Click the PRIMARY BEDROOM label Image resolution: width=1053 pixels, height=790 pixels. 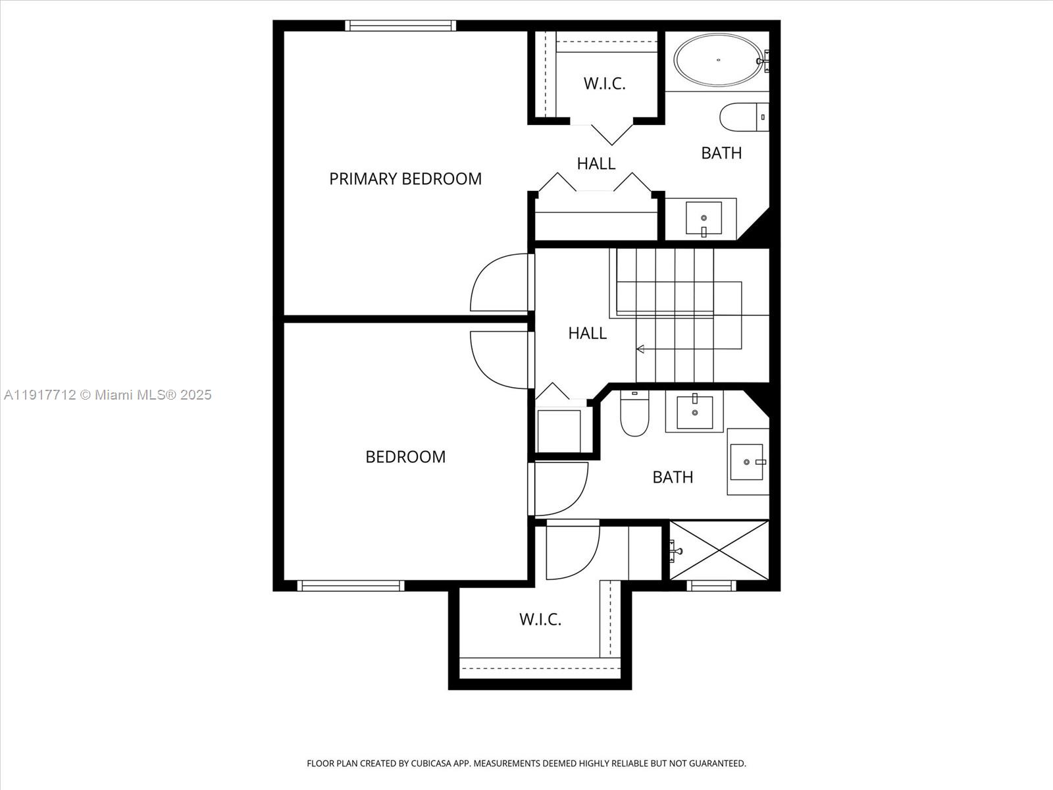click(405, 178)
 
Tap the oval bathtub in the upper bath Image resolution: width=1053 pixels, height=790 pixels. click(718, 60)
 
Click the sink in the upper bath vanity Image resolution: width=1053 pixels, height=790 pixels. click(704, 218)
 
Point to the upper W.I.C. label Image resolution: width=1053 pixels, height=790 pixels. click(604, 84)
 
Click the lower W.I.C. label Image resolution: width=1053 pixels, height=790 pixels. click(540, 619)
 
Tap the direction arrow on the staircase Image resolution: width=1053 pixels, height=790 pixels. click(640, 349)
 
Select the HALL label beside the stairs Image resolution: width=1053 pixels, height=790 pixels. click(587, 333)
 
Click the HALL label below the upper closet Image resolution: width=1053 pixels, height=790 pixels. click(596, 163)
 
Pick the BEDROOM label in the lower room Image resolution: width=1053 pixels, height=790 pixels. click(405, 457)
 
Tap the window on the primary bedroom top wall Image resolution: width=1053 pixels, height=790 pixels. click(400, 26)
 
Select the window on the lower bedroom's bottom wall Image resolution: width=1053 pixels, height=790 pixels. click(351, 585)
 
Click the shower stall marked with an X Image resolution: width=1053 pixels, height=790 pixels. click(719, 550)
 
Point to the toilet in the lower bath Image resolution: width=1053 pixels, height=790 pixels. click(634, 415)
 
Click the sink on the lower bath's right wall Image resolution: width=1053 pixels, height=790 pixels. click(748, 461)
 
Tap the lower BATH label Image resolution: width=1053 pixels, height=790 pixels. click(673, 477)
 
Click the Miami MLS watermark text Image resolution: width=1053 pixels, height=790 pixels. click(107, 395)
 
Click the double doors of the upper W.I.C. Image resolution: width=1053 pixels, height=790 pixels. click(612, 134)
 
